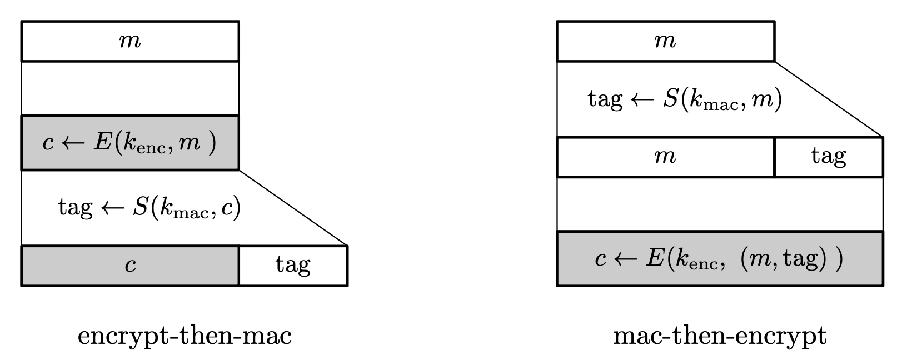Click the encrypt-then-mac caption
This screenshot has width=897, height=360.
click(185, 336)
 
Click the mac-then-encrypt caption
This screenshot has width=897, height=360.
click(720, 336)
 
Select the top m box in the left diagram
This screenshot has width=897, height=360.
click(130, 41)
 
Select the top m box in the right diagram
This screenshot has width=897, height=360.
click(665, 41)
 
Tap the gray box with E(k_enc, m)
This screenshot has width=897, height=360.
click(130, 143)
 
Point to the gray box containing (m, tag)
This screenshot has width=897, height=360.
click(720, 259)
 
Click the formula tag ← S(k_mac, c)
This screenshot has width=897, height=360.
click(149, 208)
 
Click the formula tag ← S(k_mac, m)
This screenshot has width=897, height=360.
click(685, 99)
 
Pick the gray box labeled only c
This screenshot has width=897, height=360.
click(130, 266)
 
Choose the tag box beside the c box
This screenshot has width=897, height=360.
click(293, 266)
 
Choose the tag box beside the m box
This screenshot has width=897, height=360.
click(828, 157)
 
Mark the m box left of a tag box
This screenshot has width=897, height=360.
click(665, 157)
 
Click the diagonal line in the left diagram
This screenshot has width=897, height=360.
click(293, 208)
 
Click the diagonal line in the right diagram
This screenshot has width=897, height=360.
click(828, 99)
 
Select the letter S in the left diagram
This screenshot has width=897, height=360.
click(139, 208)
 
